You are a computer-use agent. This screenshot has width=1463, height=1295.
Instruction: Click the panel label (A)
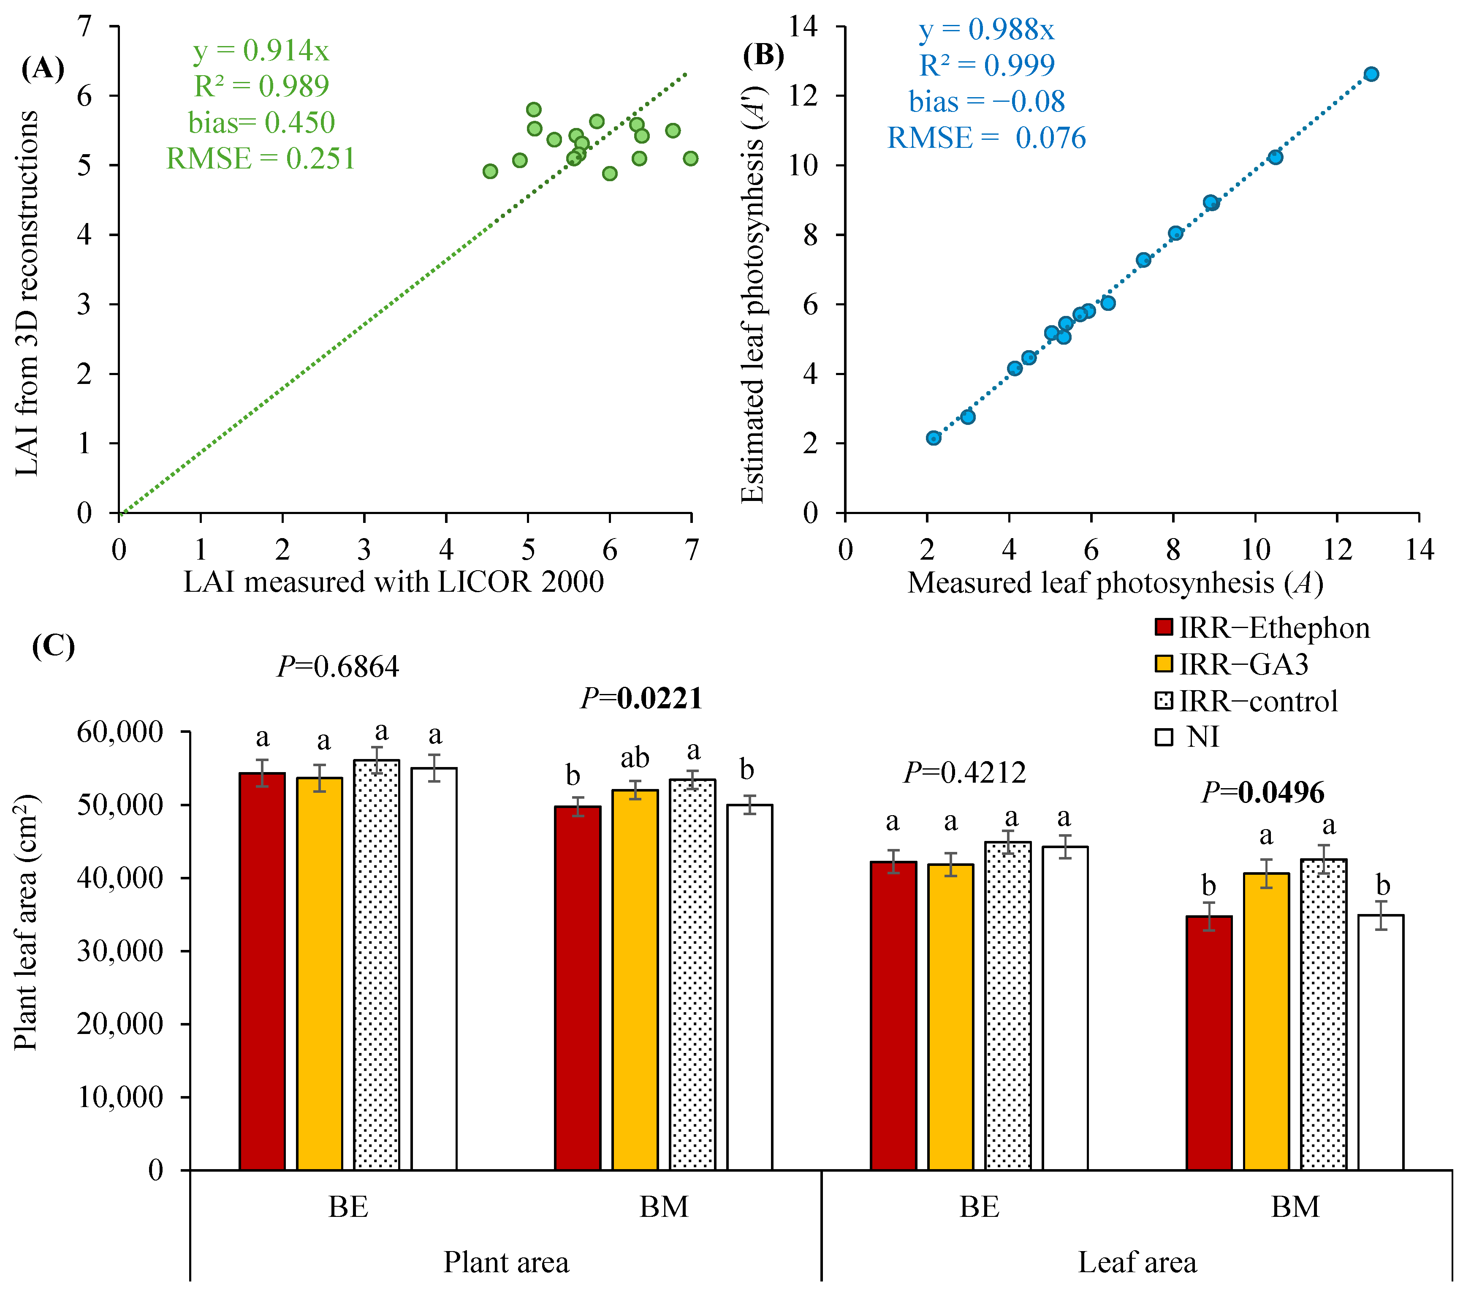click(x=43, y=69)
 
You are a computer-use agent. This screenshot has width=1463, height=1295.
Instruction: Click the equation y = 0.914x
click(x=261, y=50)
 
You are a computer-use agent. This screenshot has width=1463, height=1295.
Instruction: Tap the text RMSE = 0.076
click(x=986, y=137)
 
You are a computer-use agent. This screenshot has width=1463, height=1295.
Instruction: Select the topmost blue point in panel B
click(x=1371, y=74)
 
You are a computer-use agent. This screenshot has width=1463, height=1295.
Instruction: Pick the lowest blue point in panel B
click(x=934, y=438)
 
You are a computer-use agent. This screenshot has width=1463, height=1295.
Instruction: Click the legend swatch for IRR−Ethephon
click(x=1164, y=627)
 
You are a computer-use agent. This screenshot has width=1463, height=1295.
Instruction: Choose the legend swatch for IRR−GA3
click(x=1164, y=664)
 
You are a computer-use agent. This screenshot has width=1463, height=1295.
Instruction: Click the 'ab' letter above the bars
click(x=635, y=757)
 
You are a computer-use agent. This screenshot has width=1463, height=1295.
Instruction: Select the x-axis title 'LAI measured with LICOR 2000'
click(x=394, y=582)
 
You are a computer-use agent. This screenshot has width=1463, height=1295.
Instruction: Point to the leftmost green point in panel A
click(x=490, y=171)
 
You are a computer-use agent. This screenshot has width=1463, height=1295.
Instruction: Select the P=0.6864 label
click(x=338, y=667)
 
